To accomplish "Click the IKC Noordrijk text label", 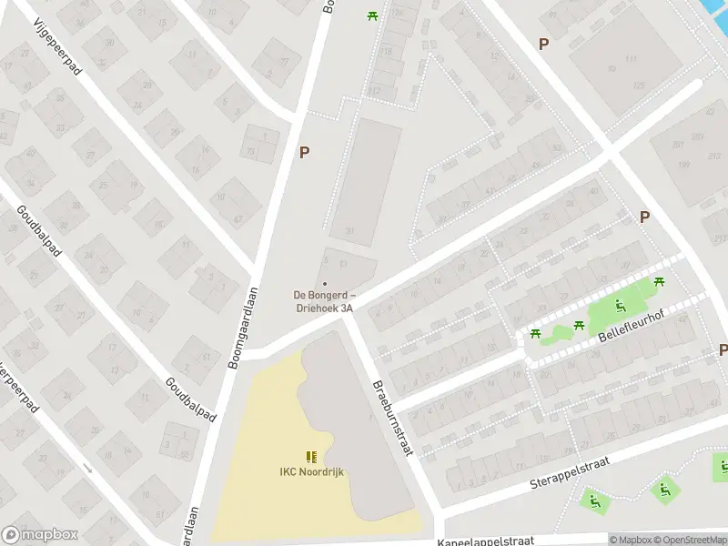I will click(311, 471).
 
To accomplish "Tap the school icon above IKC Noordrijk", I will click(311, 457).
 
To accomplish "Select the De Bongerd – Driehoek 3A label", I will click(324, 300).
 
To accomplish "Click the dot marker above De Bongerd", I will click(325, 284).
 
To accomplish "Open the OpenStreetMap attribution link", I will click(686, 540).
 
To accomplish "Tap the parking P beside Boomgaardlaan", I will click(305, 153).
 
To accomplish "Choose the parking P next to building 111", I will click(544, 44).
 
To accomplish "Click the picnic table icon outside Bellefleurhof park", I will click(536, 333).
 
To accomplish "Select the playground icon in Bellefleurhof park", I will click(622, 307).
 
